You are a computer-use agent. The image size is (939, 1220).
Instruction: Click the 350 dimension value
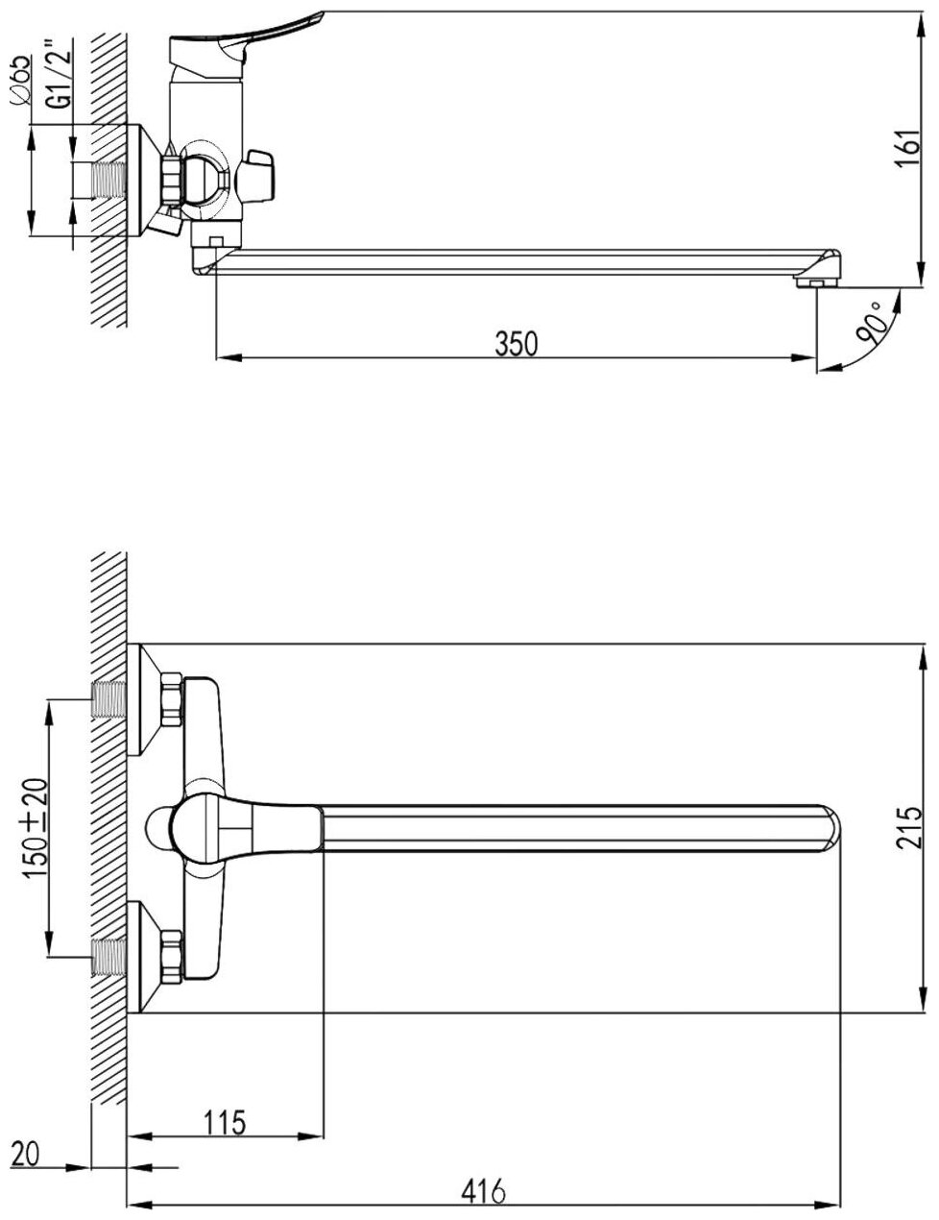tap(516, 343)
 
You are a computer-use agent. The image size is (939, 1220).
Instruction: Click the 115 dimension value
tap(225, 1120)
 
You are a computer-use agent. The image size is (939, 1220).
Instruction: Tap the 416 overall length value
tap(485, 1191)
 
